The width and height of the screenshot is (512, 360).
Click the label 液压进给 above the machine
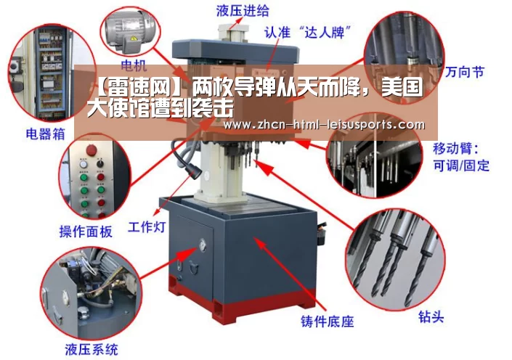(x=243, y=10)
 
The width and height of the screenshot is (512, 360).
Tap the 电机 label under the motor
(x=134, y=65)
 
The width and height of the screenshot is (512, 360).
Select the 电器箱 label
(x=45, y=134)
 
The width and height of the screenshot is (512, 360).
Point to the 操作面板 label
(x=86, y=232)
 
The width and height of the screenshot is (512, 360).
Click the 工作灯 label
(x=147, y=227)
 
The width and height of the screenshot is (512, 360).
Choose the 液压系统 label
(x=92, y=350)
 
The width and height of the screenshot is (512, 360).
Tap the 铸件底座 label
(x=328, y=322)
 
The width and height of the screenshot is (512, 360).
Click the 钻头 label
(x=431, y=316)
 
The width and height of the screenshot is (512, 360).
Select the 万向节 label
(x=464, y=72)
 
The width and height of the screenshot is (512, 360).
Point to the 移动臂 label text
(x=455, y=149)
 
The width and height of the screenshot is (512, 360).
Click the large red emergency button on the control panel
(x=92, y=150)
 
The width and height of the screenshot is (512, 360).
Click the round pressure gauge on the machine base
(x=203, y=245)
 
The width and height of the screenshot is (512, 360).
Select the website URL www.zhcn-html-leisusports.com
(x=324, y=124)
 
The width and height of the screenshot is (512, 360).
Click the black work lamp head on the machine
(x=195, y=170)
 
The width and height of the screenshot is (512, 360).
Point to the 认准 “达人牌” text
(x=307, y=32)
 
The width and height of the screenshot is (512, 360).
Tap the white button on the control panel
(x=84, y=164)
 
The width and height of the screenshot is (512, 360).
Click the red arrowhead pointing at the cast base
(x=260, y=243)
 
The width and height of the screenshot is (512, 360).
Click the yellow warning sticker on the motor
(x=134, y=39)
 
